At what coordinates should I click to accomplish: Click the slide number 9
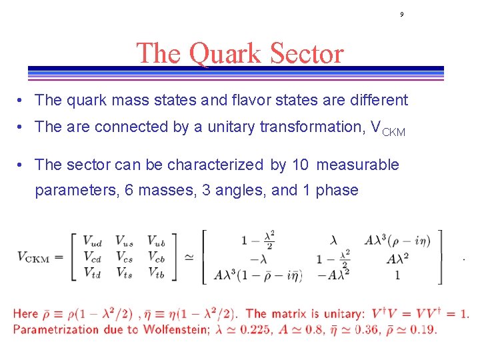[x=402, y=14]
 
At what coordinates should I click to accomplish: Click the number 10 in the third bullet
[x=300, y=165]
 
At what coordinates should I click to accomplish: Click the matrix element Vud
[x=91, y=241]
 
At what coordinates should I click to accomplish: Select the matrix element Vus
[x=124, y=241]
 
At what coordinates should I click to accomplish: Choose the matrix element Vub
[x=157, y=241]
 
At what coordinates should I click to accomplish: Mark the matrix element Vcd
[x=91, y=257]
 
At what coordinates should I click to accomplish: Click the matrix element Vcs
[x=124, y=257]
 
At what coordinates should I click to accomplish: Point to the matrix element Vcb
[x=157, y=257]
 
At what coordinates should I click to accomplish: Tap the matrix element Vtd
[x=91, y=272]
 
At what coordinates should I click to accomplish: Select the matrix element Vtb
[x=157, y=272]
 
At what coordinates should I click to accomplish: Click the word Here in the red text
[x=25, y=314]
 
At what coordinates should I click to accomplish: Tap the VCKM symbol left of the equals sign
[x=33, y=257]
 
